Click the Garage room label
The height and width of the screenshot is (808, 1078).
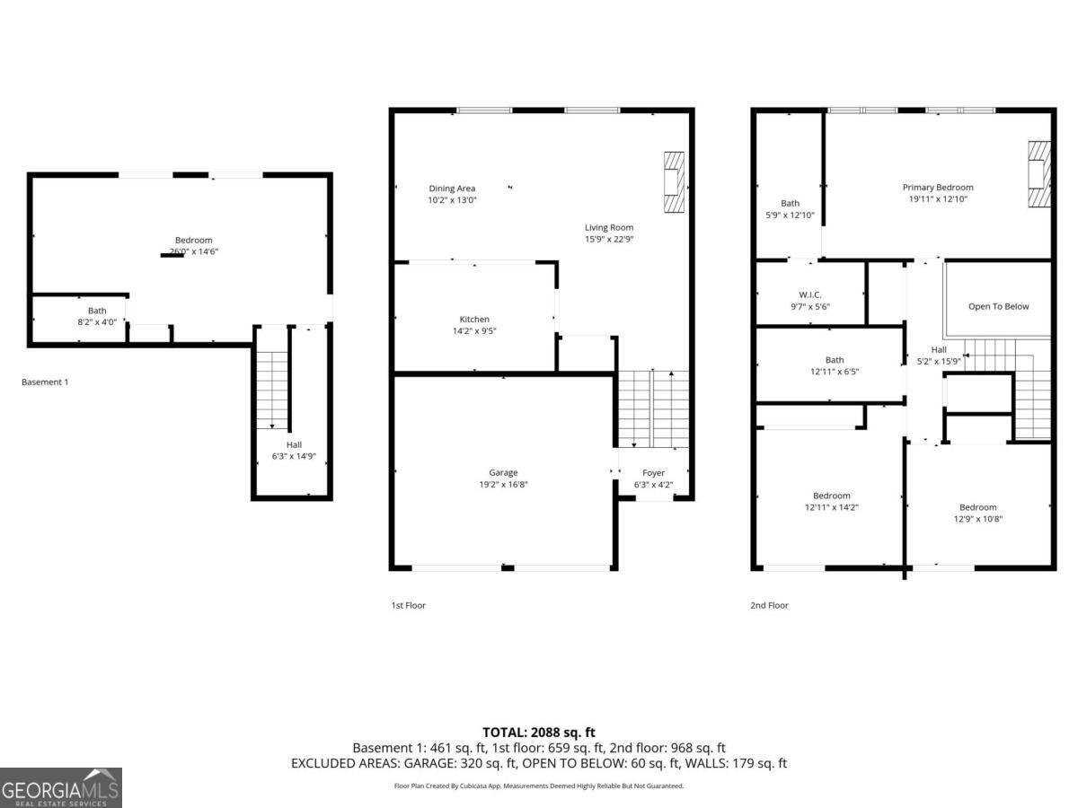(503, 472)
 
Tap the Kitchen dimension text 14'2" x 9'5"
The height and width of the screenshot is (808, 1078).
(474, 330)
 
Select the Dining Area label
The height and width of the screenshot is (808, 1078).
(452, 189)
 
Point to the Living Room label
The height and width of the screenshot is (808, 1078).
(609, 228)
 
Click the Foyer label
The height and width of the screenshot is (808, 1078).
(653, 473)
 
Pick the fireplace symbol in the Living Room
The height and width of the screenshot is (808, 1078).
(673, 183)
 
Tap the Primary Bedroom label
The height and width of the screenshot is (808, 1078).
(938, 188)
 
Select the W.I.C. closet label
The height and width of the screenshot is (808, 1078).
(810, 294)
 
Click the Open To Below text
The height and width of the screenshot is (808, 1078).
(998, 306)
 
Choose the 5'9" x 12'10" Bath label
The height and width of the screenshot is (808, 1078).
(790, 204)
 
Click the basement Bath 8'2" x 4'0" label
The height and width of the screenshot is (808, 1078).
(96, 311)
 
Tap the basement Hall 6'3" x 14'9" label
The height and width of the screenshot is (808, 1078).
(294, 444)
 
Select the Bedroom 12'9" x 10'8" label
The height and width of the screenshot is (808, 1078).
(977, 507)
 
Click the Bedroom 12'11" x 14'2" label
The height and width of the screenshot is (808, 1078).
(832, 496)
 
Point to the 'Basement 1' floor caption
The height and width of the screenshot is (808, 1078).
(45, 382)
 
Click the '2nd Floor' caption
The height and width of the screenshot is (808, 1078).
(769, 606)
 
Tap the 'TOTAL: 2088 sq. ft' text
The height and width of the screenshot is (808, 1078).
(539, 733)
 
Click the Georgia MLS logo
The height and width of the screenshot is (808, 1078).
(60, 788)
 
